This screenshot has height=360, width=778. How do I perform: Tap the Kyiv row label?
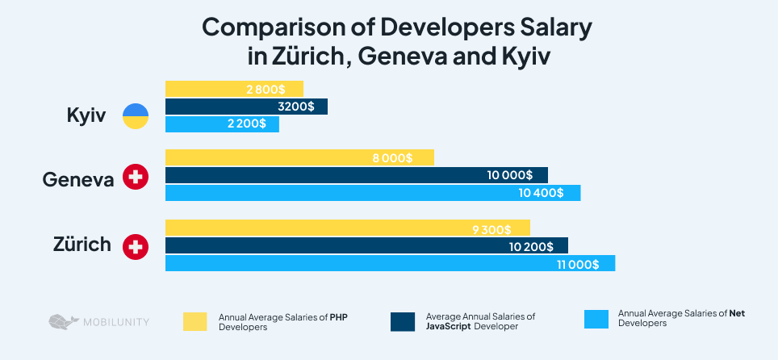coord(86,115)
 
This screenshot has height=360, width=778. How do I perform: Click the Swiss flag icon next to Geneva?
coord(135,178)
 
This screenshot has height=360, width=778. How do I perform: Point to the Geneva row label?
coord(78,179)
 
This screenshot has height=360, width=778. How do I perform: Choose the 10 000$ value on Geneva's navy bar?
coord(509,175)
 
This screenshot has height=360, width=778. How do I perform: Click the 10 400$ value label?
coord(543,193)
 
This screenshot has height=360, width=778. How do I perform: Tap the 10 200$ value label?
coord(531,246)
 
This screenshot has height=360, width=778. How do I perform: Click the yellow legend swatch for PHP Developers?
coord(195,321)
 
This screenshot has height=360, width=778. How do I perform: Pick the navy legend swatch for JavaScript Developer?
coord(402,321)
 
